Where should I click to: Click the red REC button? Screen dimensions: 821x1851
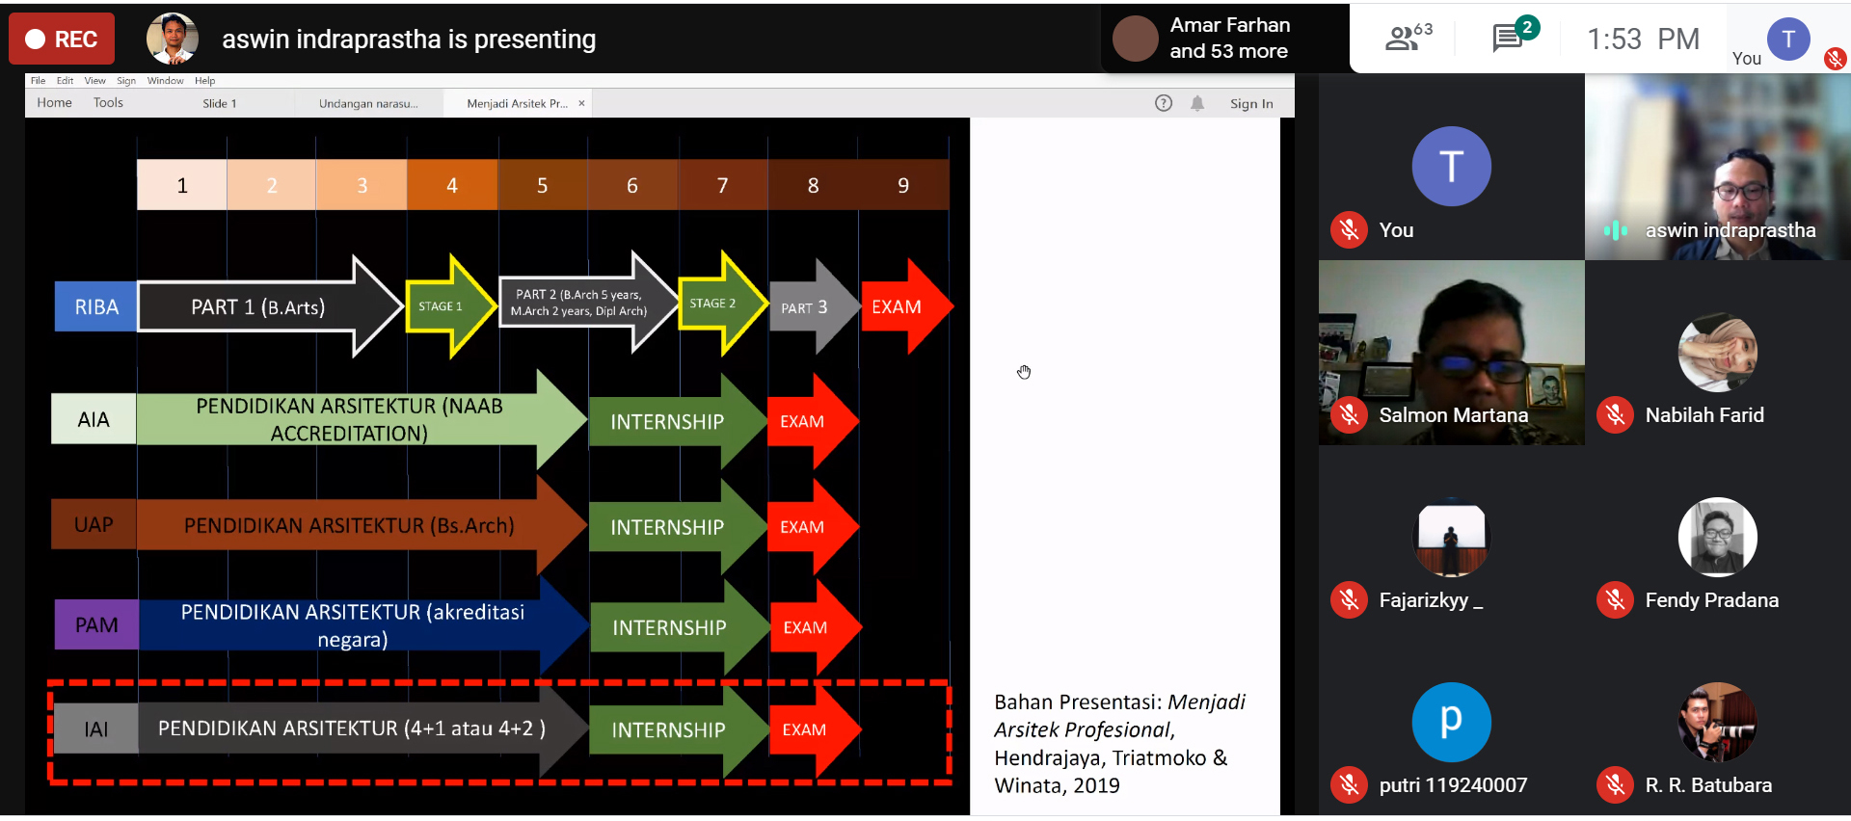pyautogui.click(x=62, y=40)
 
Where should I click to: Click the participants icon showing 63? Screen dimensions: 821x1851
pyautogui.click(x=1403, y=39)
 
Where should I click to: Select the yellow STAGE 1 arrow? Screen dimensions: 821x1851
pyautogui.click(x=445, y=306)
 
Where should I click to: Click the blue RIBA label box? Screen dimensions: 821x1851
pyautogui.click(x=96, y=307)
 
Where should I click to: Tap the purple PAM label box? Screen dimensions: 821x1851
pyautogui.click(x=96, y=625)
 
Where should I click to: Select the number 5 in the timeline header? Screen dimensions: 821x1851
pyautogui.click(x=542, y=185)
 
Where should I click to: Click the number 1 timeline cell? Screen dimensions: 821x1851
pyautogui.click(x=182, y=185)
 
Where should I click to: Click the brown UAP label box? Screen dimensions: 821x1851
pyautogui.click(x=94, y=525)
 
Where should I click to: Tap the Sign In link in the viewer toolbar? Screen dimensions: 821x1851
pyautogui.click(x=1250, y=104)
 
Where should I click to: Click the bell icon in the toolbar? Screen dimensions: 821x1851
pyautogui.click(x=1197, y=103)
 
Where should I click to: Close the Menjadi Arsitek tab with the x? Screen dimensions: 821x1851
pyautogui.click(x=581, y=103)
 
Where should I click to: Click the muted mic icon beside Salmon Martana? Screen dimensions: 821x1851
pyautogui.click(x=1349, y=415)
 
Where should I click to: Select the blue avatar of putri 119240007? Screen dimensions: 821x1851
pyautogui.click(x=1451, y=722)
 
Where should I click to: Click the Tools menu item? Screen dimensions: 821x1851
pyautogui.click(x=108, y=103)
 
